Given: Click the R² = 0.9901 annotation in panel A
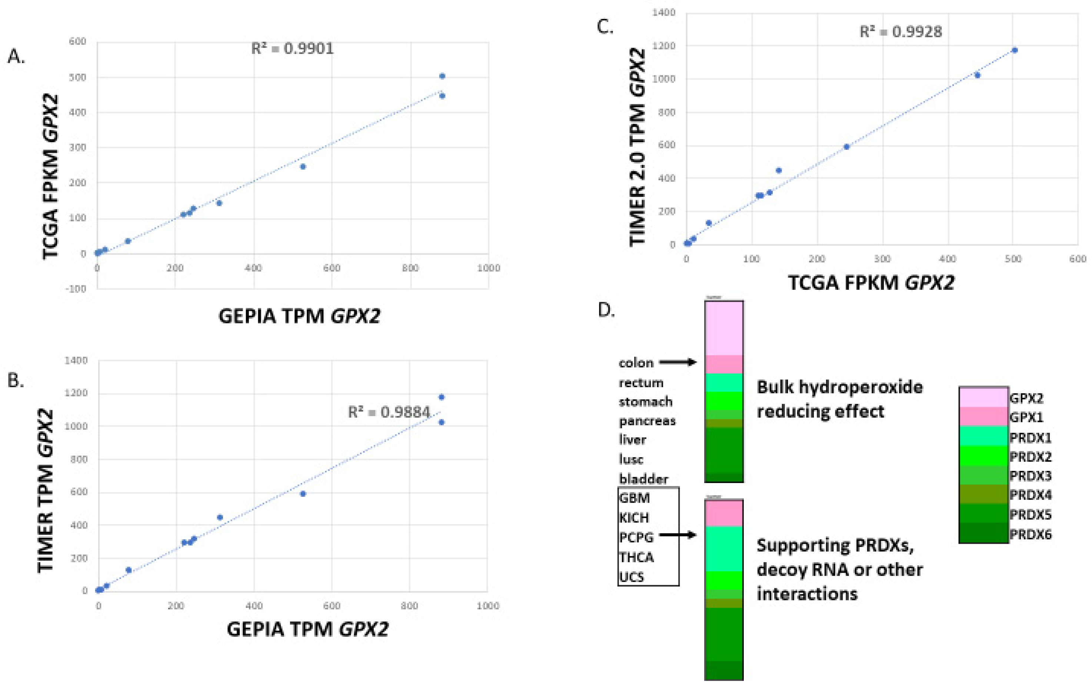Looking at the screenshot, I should click(x=293, y=48).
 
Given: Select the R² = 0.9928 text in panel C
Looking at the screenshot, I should click(x=900, y=32).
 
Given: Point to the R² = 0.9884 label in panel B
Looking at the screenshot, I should click(x=389, y=412).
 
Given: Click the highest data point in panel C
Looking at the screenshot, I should click(x=1015, y=50).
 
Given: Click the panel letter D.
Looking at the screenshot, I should click(x=606, y=311).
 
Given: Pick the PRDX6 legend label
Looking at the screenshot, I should click(x=1031, y=535).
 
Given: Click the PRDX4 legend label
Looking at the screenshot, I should click(x=1031, y=495).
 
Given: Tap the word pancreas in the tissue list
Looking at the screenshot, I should click(x=647, y=421).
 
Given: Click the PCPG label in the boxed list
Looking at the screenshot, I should click(x=636, y=537).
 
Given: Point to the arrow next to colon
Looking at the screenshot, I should click(x=677, y=362).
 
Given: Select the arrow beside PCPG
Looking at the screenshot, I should click(x=677, y=535).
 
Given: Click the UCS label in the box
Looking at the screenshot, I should click(x=631, y=577).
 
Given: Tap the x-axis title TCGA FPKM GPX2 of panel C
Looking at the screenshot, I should click(x=871, y=283).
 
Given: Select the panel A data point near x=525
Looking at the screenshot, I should click(x=303, y=167).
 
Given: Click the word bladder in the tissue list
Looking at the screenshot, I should click(x=643, y=479).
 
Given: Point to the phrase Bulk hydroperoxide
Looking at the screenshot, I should click(x=839, y=387).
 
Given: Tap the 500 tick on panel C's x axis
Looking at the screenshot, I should click(x=1013, y=259).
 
